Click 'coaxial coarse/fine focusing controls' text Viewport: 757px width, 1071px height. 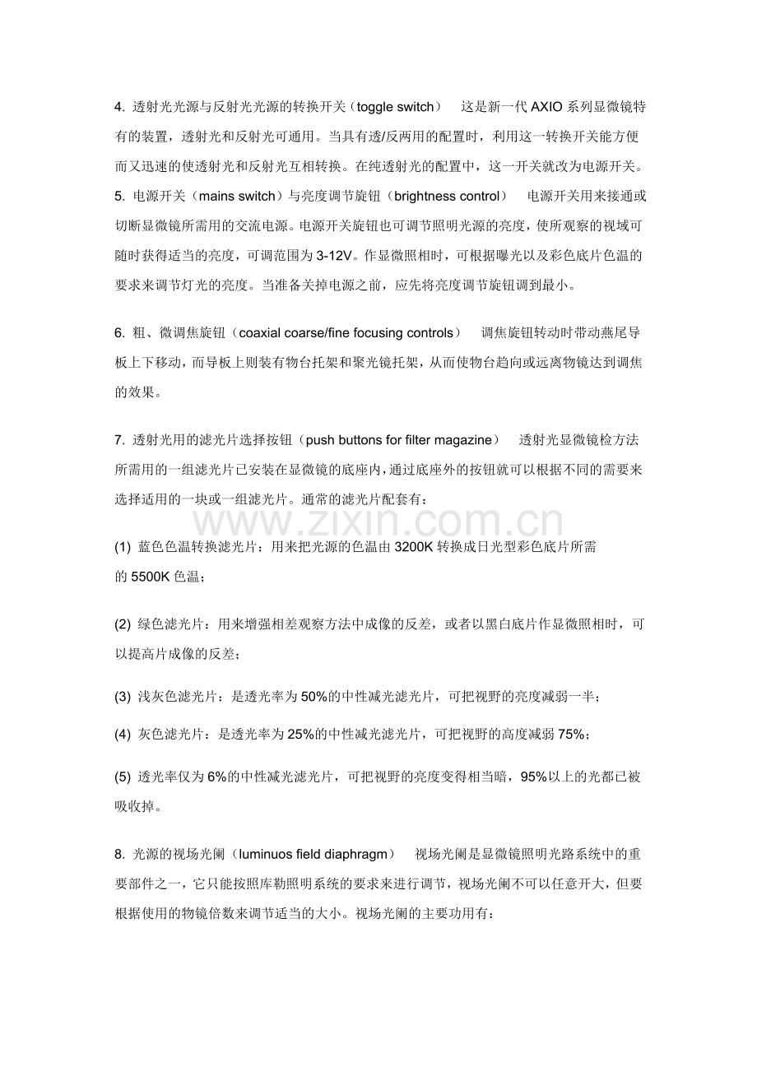[x=344, y=332]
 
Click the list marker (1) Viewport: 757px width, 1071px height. [x=123, y=547]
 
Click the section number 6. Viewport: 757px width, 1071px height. [x=119, y=332]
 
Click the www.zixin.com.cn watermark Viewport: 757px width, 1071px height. [x=378, y=522]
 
